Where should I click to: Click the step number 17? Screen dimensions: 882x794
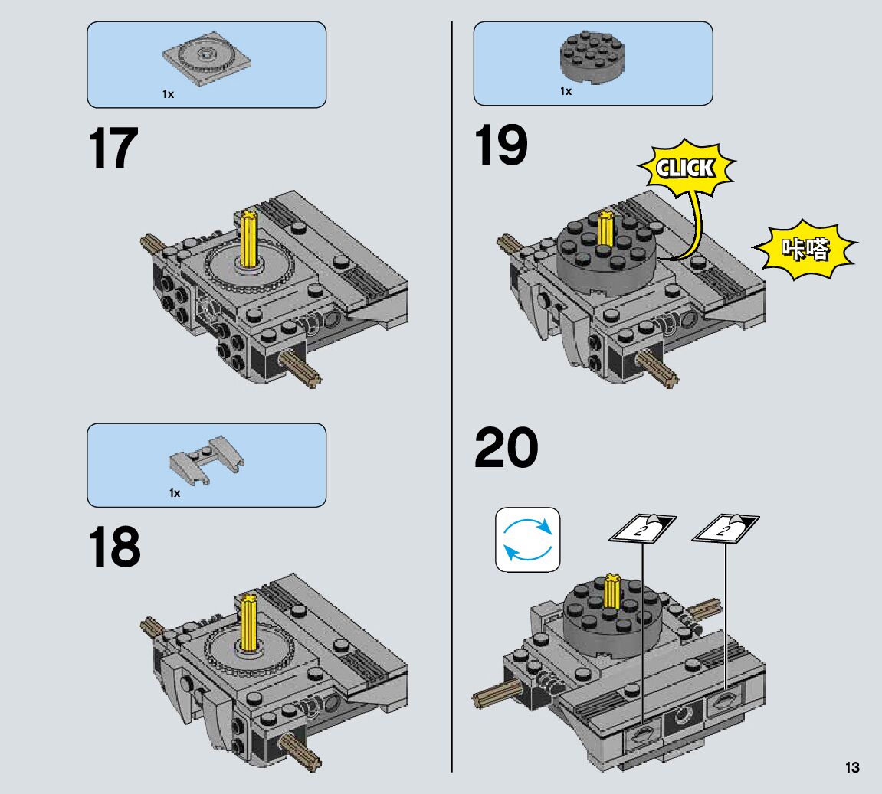[x=113, y=149]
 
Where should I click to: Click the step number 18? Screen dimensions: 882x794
[x=115, y=547]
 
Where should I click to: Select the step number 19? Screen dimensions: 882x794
[x=501, y=145]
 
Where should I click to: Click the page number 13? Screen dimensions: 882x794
[x=852, y=768]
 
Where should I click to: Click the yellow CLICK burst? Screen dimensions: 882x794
[x=686, y=169]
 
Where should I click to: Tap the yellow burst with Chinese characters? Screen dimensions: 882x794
[x=805, y=250]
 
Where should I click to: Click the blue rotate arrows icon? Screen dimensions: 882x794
[x=528, y=540]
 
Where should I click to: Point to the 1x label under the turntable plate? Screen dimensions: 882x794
[x=168, y=94]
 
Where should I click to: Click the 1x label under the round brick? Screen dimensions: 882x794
[x=566, y=91]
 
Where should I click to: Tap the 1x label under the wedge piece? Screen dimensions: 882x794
[x=175, y=493]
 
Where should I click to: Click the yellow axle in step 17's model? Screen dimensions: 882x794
[x=251, y=239]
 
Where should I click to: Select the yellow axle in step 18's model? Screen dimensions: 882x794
[x=249, y=625]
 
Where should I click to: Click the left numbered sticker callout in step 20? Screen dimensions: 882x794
[x=642, y=529]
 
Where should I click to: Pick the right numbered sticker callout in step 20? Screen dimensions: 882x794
[x=725, y=528]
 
